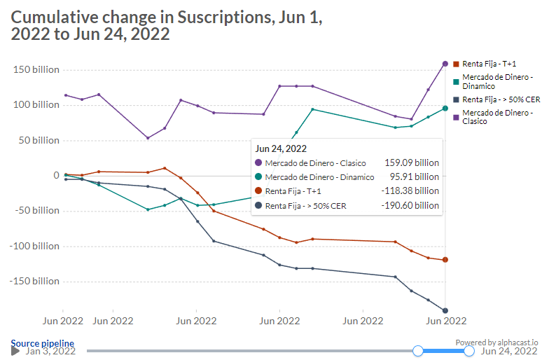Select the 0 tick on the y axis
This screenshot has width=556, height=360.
click(x=56, y=175)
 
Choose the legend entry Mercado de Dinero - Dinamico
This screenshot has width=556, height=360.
click(x=494, y=81)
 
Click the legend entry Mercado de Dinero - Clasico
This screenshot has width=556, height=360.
click(x=494, y=116)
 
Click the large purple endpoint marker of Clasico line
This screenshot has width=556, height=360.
click(x=445, y=64)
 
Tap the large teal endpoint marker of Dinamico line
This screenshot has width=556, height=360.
click(x=445, y=108)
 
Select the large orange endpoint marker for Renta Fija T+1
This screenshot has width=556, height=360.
click(x=445, y=260)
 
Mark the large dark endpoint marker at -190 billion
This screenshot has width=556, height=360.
click(x=445, y=310)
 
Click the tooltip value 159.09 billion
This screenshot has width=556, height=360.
click(x=412, y=162)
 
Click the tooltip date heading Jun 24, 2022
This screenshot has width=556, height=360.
click(x=281, y=148)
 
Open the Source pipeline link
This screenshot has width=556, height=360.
click(x=42, y=343)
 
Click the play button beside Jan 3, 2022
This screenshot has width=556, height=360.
click(x=15, y=350)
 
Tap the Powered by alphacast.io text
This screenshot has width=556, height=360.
click(x=496, y=342)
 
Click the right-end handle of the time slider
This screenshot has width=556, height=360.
click(x=469, y=350)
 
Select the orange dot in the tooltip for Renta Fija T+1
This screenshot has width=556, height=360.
click(x=259, y=191)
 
